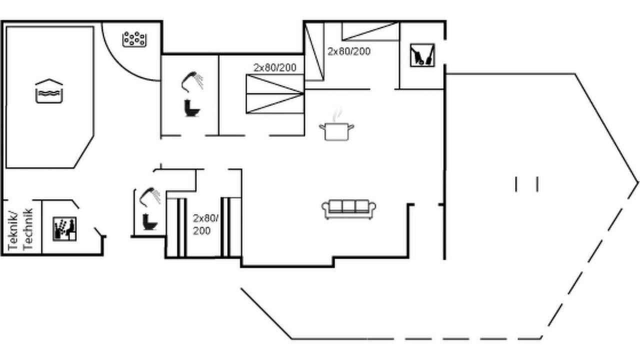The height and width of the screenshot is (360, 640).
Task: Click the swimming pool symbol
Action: [x=49, y=91]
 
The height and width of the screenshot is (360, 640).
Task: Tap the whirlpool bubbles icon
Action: [x=134, y=39]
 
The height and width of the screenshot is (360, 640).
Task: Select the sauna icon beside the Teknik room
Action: [x=64, y=228]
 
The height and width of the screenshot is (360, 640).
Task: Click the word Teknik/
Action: [x=13, y=231]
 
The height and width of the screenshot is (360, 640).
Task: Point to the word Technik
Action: [x=27, y=229]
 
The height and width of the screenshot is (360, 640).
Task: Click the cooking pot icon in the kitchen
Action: [x=336, y=131]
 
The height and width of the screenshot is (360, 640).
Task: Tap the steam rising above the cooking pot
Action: [x=337, y=114]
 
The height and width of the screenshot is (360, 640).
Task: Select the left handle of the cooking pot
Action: [x=321, y=126]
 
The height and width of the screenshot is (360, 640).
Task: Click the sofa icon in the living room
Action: [x=348, y=209]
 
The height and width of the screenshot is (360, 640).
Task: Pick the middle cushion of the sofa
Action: [x=348, y=205]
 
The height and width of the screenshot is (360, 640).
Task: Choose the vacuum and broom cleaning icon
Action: [x=422, y=55]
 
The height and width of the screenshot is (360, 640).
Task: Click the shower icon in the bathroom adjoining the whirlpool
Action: [x=192, y=81]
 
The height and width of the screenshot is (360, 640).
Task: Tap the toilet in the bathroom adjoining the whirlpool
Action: [x=191, y=108]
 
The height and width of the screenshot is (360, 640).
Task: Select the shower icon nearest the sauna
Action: [x=150, y=197]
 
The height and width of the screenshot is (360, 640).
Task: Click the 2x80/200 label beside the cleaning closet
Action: [x=349, y=51]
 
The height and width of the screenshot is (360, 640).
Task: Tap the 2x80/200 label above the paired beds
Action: [x=275, y=67]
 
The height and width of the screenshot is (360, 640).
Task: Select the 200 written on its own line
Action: [x=201, y=231]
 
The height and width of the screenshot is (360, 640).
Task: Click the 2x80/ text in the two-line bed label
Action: [x=205, y=218]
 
